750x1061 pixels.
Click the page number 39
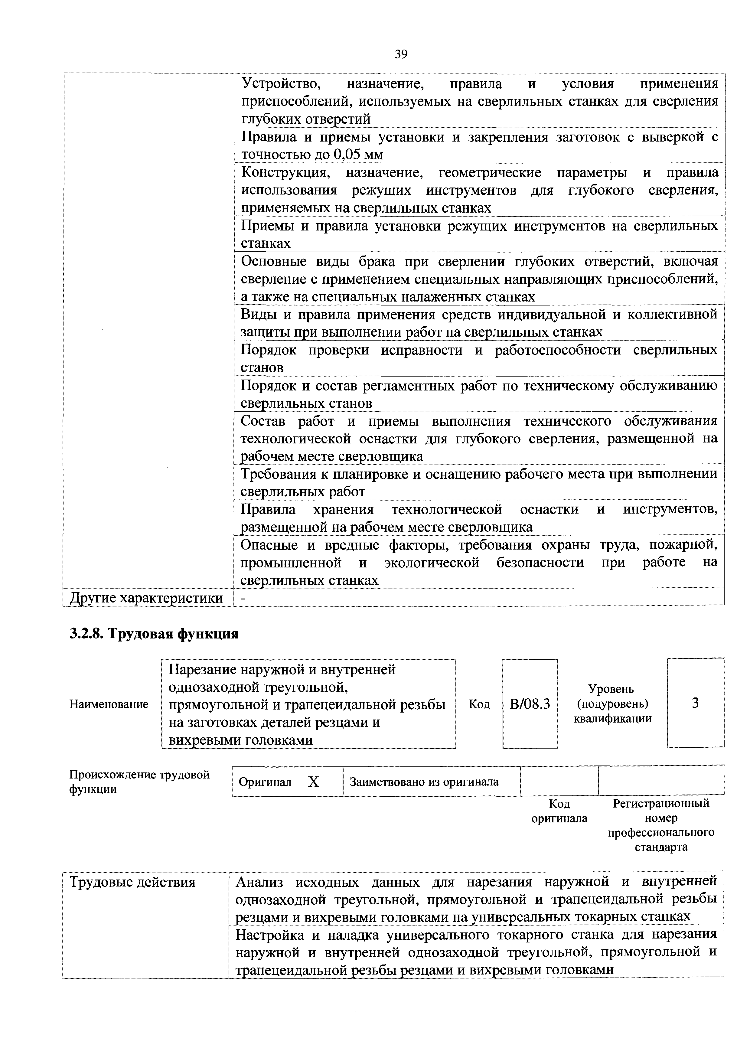[401, 54]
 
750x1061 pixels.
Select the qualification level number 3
[695, 703]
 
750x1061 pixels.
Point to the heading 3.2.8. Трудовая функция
[154, 634]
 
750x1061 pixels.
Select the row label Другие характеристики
[146, 598]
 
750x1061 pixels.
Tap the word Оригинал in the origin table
[265, 782]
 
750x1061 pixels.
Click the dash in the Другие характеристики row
[243, 598]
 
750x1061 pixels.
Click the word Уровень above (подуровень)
[611, 689]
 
